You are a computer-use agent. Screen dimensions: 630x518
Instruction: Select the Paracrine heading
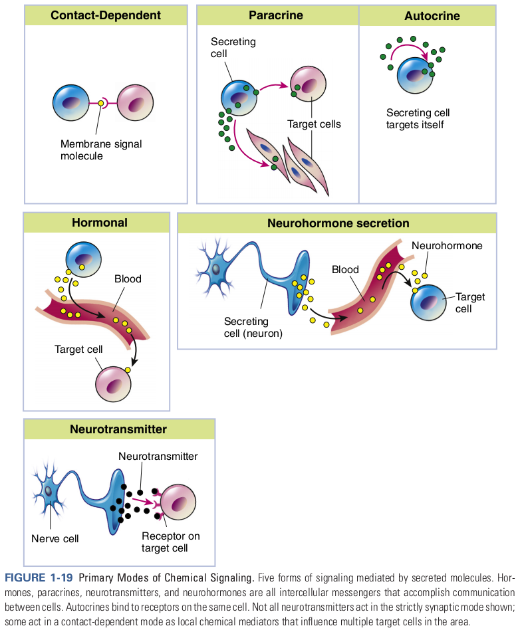(x=276, y=15)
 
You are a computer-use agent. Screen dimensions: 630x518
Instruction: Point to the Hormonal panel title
(x=100, y=223)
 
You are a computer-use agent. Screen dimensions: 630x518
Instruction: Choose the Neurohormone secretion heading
(x=338, y=223)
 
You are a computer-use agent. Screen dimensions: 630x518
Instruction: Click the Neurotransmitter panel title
(x=118, y=429)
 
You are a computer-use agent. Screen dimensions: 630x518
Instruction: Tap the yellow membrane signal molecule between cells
(x=101, y=103)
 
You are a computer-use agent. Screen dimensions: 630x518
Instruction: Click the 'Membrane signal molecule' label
(x=101, y=150)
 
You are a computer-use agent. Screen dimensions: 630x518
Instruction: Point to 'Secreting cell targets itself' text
(x=418, y=118)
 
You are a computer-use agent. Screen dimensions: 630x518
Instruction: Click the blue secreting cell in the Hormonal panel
(x=82, y=259)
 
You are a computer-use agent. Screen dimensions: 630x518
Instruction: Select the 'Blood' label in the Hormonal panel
(x=128, y=279)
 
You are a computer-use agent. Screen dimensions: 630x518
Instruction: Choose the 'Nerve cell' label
(x=55, y=538)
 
